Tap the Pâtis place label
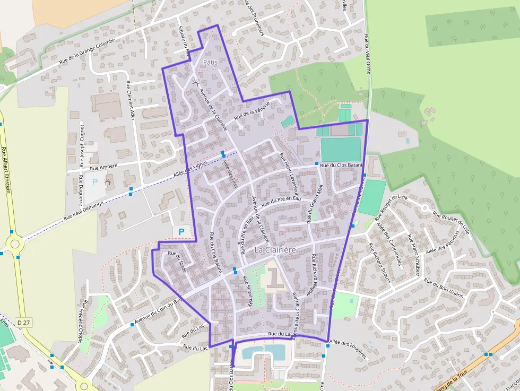pos(210,62)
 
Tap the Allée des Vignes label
pos(190,171)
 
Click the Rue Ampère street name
pos(104,167)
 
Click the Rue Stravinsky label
pos(249,291)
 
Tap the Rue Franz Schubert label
pos(414,255)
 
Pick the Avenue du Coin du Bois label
pos(158,310)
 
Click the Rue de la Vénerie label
pos(252,110)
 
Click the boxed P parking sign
pos(181,231)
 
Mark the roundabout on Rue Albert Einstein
pos(14,245)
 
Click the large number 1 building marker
pos(274,277)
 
